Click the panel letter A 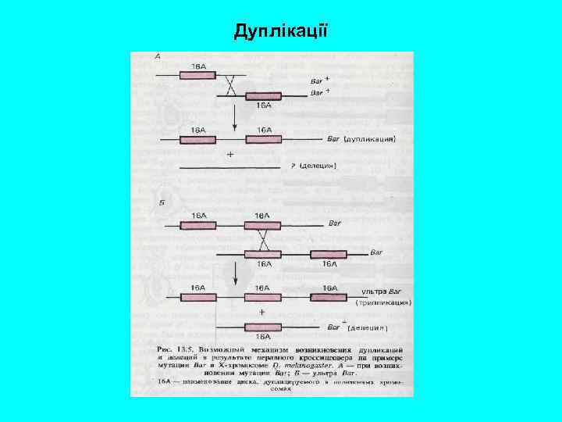pos(158,56)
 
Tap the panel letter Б pos(159,202)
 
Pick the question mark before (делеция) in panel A pos(293,166)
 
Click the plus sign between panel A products pos(230,154)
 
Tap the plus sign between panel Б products pos(261,312)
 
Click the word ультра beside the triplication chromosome pos(373,291)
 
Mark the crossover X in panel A pos(230,85)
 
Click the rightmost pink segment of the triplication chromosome pos(329,297)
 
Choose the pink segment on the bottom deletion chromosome pos(263,327)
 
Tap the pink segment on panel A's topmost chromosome pos(198,76)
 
